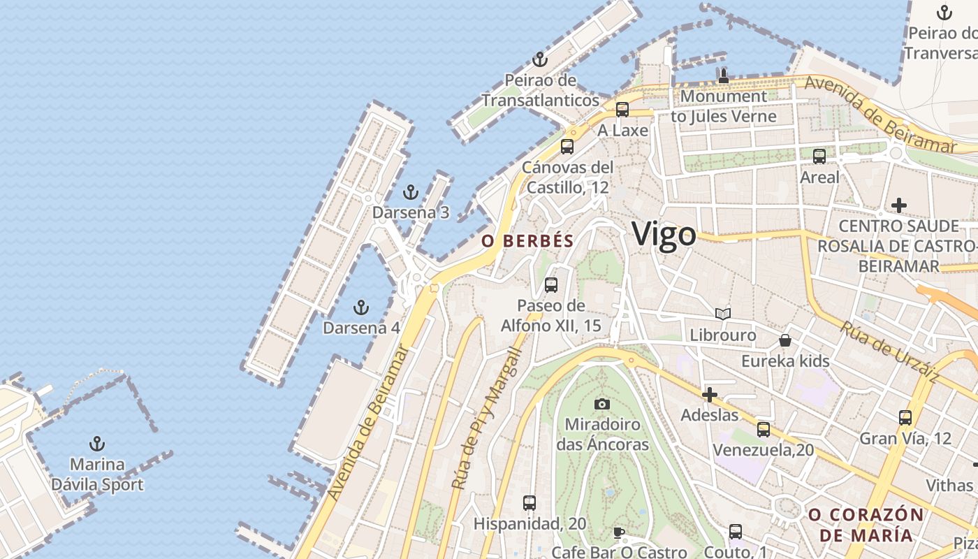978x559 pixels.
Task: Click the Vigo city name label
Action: coord(664,235)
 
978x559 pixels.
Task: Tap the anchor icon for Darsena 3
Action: coord(411,191)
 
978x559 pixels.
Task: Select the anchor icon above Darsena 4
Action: coord(360,307)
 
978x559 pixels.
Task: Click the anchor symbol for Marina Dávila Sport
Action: coord(97,443)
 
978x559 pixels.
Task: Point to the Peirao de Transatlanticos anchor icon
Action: coord(539,59)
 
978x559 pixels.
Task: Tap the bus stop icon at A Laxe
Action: coord(622,110)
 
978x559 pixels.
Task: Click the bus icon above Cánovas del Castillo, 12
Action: coord(567,147)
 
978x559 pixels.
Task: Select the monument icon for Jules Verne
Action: coord(724,75)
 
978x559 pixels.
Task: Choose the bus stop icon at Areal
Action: coord(819,157)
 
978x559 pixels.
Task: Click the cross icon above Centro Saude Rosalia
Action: coord(899,205)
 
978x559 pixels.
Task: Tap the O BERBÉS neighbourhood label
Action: coord(527,242)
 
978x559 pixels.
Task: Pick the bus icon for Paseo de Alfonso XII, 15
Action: coord(551,285)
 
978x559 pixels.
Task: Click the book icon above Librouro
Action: coord(723,314)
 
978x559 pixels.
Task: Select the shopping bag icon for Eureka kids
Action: coord(785,340)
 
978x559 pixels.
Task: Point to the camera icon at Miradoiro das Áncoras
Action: coord(601,404)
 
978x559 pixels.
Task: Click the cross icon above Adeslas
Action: coord(710,395)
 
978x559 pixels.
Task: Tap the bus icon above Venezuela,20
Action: coord(764,429)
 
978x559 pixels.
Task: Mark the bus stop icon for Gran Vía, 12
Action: coord(905,418)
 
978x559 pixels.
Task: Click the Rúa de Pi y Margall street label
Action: coord(486,418)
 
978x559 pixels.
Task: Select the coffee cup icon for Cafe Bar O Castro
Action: coord(619,532)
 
